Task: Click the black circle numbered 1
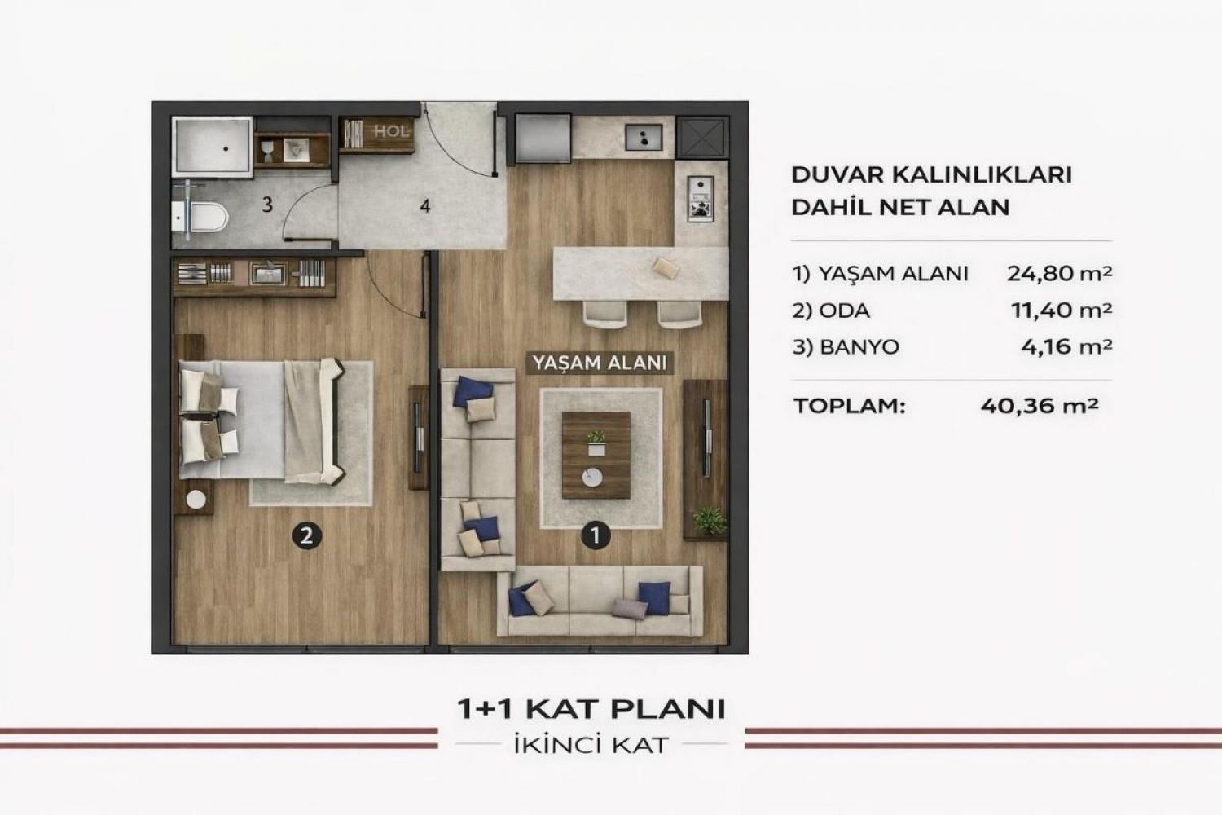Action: click(596, 535)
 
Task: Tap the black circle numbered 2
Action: click(307, 536)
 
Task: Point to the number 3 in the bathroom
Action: click(266, 205)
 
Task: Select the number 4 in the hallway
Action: click(425, 206)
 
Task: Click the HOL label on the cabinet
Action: click(390, 131)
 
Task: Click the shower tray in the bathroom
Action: click(212, 147)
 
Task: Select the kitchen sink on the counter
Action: click(644, 136)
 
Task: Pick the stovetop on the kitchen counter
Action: click(700, 199)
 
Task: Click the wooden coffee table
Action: click(596, 456)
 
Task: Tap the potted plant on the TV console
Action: click(710, 520)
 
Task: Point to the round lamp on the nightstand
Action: click(196, 499)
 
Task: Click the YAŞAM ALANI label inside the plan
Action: click(600, 363)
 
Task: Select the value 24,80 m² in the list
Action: click(1059, 273)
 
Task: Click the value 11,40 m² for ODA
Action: click(1062, 310)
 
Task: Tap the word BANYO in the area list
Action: click(859, 347)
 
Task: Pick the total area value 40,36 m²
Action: click(1040, 406)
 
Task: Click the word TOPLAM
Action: click(850, 406)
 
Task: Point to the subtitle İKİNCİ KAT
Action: click(591, 746)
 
